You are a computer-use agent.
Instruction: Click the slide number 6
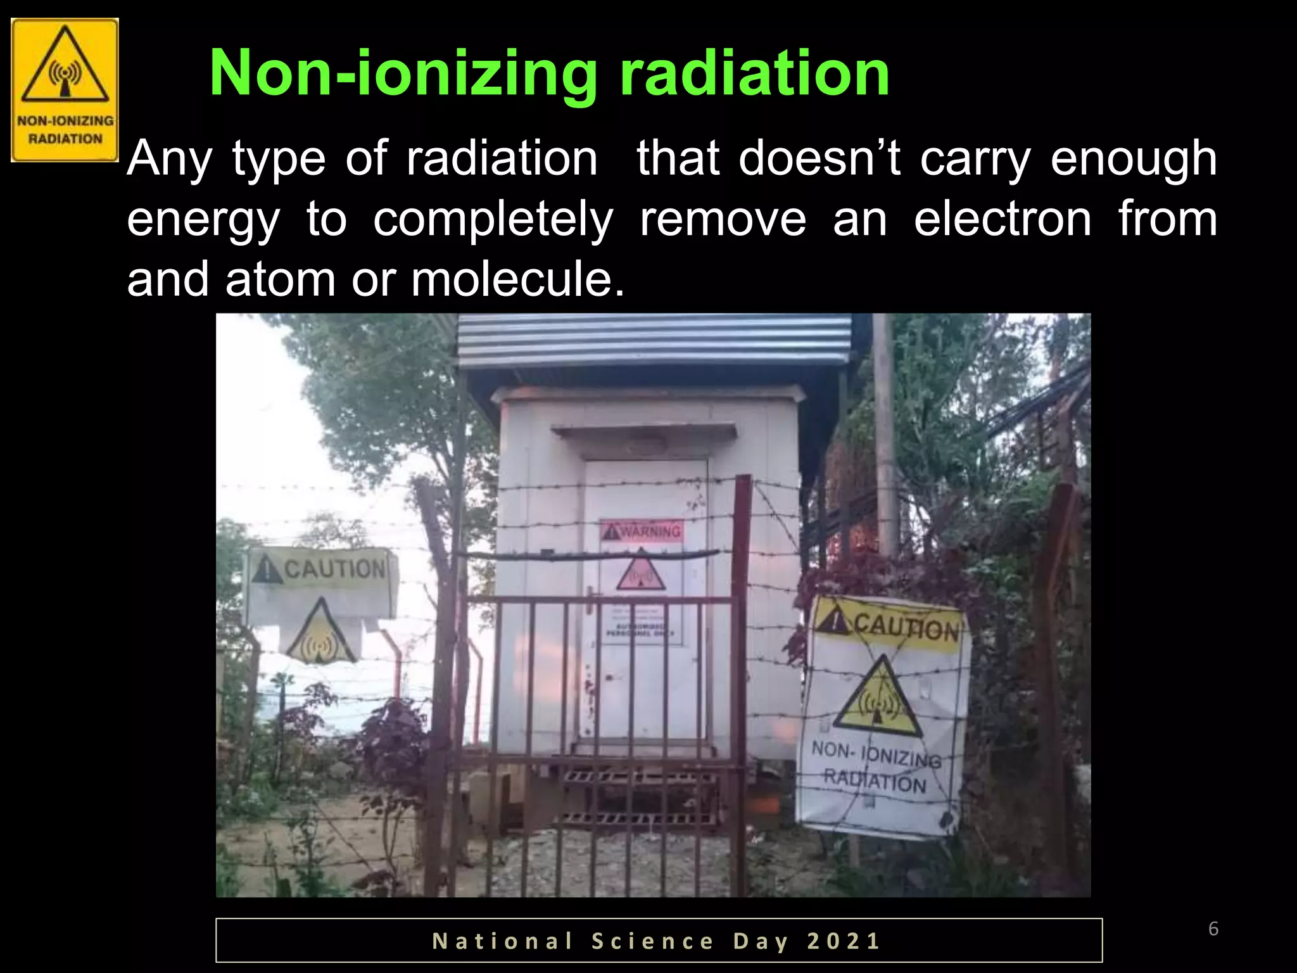click(1213, 929)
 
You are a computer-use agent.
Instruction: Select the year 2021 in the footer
click(844, 941)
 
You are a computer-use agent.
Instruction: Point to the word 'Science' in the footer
click(653, 941)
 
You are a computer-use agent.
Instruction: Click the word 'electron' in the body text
click(1003, 219)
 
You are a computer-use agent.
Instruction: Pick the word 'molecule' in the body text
click(517, 280)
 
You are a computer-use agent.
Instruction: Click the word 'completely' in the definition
click(493, 220)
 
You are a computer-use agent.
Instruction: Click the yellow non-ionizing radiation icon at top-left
click(65, 90)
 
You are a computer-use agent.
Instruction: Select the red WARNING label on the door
click(642, 530)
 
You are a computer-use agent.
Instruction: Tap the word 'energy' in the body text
click(203, 220)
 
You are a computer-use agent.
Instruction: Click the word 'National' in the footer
click(503, 941)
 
